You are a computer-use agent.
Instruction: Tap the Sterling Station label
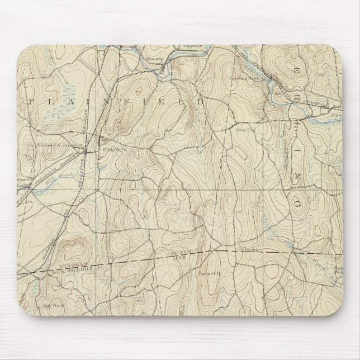pyautogui.click(x=248, y=79)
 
